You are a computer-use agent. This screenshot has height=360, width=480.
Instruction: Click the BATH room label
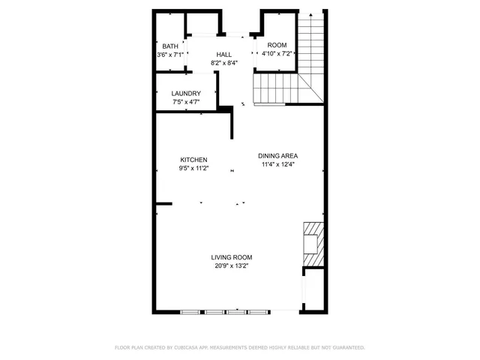point(170,46)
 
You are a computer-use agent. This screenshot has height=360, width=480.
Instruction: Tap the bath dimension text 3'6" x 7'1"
point(170,55)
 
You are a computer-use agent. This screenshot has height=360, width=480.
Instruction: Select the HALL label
point(224,55)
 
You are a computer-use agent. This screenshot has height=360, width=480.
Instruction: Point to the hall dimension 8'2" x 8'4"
point(224,63)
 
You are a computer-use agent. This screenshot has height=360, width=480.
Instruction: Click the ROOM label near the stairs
point(277,45)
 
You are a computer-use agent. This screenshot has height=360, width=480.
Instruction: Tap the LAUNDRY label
point(186,94)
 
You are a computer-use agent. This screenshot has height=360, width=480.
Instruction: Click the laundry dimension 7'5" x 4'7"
point(186,102)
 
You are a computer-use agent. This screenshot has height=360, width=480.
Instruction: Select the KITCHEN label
point(193,160)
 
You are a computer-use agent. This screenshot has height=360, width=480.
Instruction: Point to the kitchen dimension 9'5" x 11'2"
point(193,168)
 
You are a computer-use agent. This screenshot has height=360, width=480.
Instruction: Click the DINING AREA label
point(278,156)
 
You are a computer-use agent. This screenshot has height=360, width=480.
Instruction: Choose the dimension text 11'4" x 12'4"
point(278,164)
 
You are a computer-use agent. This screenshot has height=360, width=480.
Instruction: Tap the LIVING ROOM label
point(231,256)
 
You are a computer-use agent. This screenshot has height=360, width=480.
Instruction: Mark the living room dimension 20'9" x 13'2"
point(231,265)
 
